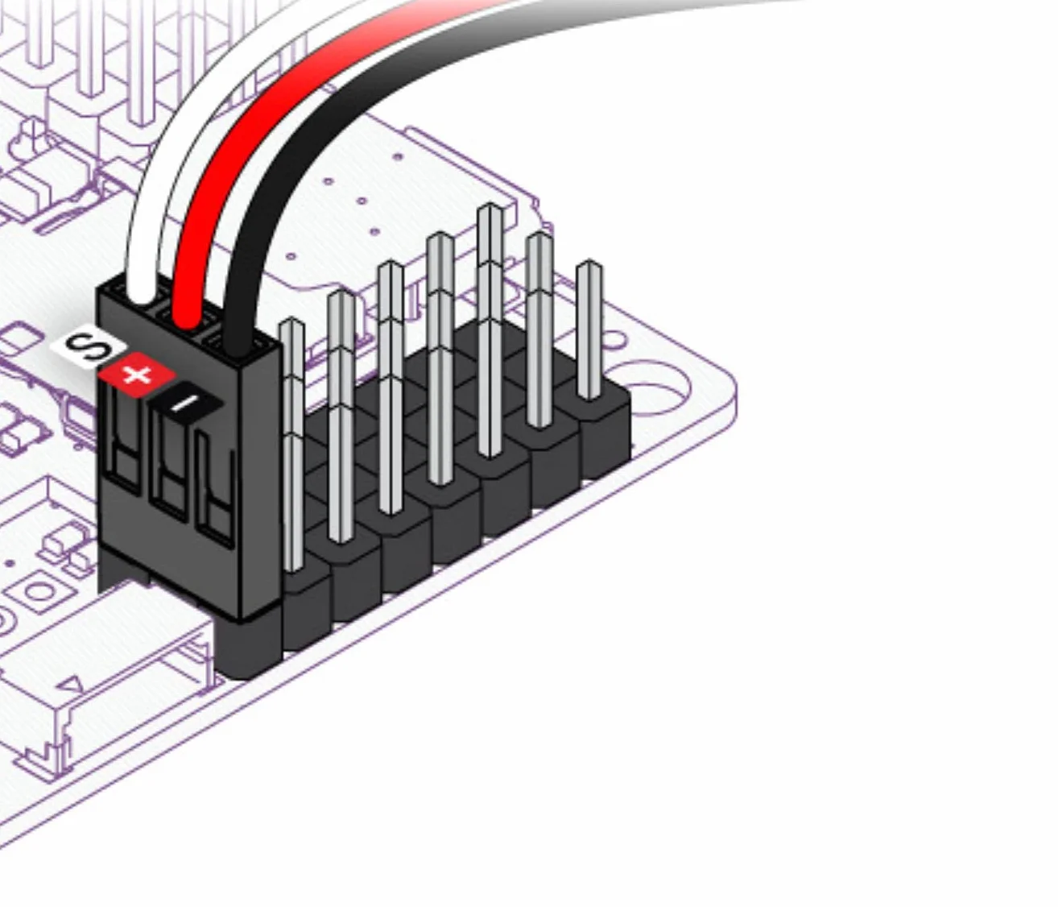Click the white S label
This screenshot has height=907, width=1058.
point(89,346)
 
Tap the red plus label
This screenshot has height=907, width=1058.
point(138,375)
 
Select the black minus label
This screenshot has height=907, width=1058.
point(184,403)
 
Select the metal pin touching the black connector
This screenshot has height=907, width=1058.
point(292,445)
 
